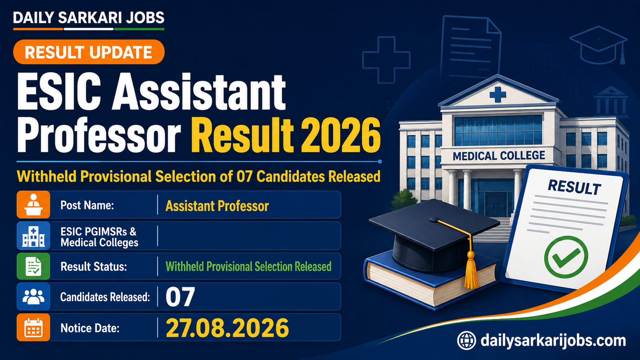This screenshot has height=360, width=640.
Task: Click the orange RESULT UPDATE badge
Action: click(89, 52)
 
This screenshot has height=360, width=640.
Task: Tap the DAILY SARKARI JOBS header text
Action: click(88, 18)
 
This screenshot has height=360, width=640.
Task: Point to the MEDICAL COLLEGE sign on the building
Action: click(499, 156)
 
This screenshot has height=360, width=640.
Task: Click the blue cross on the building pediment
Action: click(498, 94)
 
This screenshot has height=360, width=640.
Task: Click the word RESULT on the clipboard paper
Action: click(574, 188)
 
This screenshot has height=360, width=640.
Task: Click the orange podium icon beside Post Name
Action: click(33, 204)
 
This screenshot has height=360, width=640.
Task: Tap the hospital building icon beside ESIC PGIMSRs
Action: click(33, 236)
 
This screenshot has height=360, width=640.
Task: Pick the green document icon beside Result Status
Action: click(33, 266)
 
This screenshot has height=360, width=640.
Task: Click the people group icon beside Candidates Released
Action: click(33, 296)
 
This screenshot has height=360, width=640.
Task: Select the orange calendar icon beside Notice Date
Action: click(33, 328)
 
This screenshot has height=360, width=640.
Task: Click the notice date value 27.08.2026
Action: click(228, 328)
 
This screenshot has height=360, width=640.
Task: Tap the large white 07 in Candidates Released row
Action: click(180, 297)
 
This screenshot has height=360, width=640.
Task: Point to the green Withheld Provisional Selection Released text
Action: click(248, 266)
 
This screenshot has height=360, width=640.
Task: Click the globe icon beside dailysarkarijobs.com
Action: click(466, 340)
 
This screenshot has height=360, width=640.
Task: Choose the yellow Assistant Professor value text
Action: click(217, 206)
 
